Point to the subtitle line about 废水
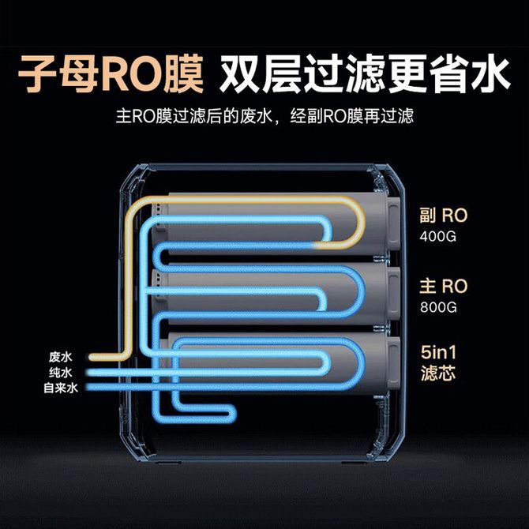click(264, 116)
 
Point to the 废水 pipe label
click(60, 356)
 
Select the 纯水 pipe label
click(60, 372)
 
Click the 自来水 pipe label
click(61, 388)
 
